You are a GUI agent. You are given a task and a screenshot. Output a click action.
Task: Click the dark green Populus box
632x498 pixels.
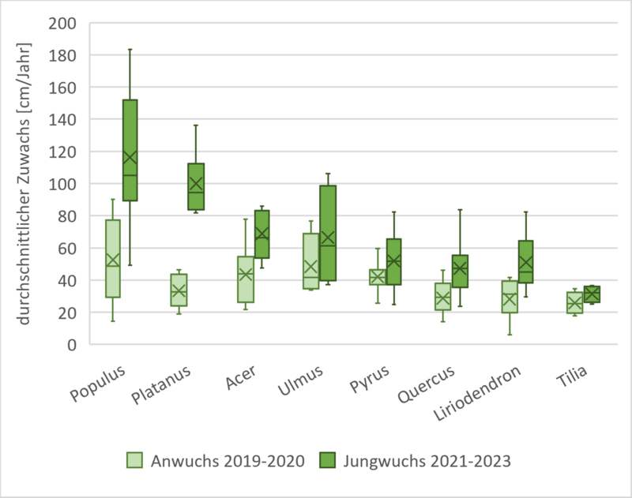(x=130, y=150)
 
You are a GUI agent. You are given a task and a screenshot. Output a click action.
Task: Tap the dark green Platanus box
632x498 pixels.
(x=195, y=187)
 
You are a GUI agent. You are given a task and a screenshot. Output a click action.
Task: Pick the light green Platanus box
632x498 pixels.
(x=179, y=290)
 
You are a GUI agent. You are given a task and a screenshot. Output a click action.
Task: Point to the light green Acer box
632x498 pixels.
(x=246, y=279)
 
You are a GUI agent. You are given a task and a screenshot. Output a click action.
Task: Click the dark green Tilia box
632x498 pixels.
(x=592, y=294)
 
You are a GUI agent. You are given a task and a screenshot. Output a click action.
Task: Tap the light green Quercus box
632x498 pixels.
(x=444, y=296)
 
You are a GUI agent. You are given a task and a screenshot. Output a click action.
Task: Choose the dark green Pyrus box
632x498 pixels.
(x=393, y=261)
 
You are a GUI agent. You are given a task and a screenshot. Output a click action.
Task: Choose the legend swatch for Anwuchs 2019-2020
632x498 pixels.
(x=135, y=460)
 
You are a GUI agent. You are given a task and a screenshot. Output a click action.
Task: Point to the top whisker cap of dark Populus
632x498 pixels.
(x=130, y=49)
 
